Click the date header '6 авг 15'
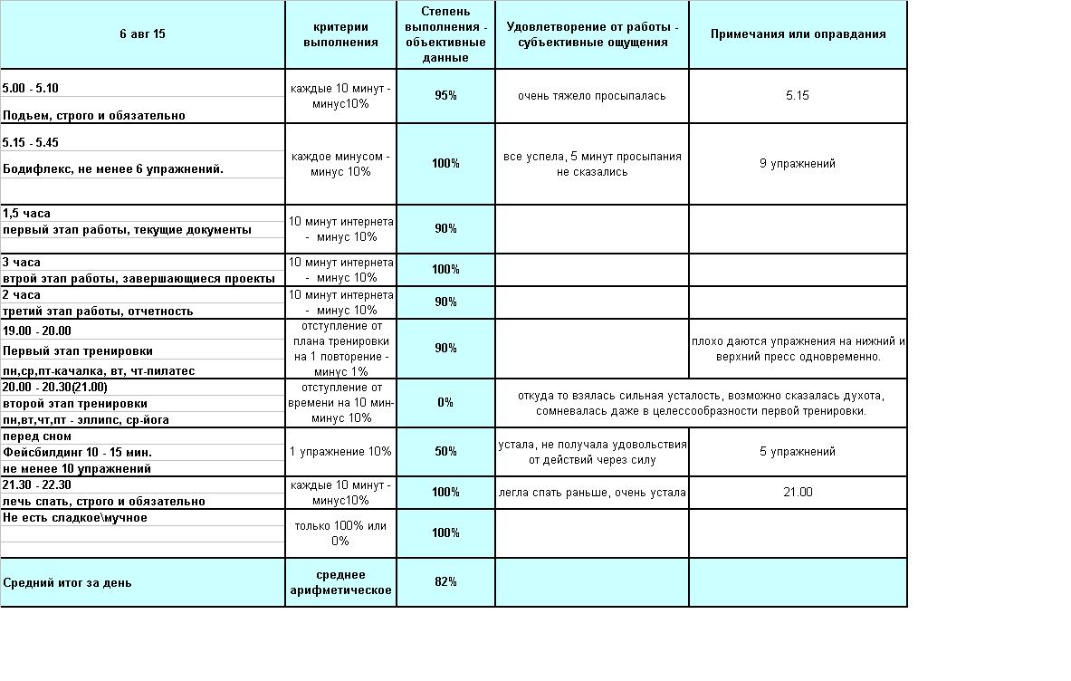(x=142, y=34)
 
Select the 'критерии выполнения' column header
(x=340, y=34)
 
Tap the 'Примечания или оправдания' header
(x=798, y=34)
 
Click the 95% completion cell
(x=445, y=96)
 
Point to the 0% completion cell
(x=445, y=402)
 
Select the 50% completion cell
(x=445, y=451)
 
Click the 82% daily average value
(x=445, y=581)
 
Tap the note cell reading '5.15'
(x=798, y=96)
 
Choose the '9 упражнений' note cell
(x=798, y=164)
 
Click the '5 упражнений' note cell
(x=798, y=451)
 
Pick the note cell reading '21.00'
(x=798, y=492)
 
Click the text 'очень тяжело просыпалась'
(x=592, y=96)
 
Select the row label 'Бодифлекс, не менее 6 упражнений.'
(x=113, y=169)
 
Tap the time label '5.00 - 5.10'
(x=31, y=89)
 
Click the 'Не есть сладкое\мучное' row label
(x=75, y=518)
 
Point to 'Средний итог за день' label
(x=67, y=582)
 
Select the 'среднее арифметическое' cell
(x=340, y=582)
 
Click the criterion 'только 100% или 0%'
(x=340, y=533)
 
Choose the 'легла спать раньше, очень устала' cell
(x=592, y=493)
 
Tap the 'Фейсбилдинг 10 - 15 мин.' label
(x=78, y=452)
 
